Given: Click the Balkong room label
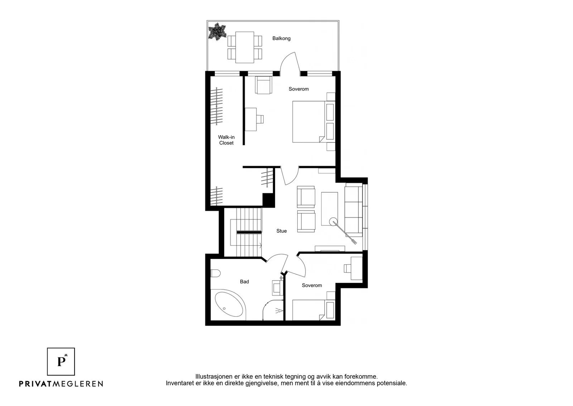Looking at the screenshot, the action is tap(281, 38).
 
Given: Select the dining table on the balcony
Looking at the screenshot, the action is tap(245, 47).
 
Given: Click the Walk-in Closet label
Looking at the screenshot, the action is tap(226, 140).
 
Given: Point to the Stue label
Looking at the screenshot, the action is tap(281, 231).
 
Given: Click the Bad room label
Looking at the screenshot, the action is tap(244, 282).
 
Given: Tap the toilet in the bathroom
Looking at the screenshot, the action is tap(215, 273).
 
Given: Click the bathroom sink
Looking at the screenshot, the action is tap(278, 288).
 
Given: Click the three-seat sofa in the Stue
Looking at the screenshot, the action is tap(354, 212).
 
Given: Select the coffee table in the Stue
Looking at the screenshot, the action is tap(329, 209).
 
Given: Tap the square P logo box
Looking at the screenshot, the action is tap(61, 362).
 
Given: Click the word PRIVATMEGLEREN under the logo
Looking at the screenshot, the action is tap(61, 384).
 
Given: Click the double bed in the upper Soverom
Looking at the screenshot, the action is tap(314, 122).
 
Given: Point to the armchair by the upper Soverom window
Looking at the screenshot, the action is tap(264, 85).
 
